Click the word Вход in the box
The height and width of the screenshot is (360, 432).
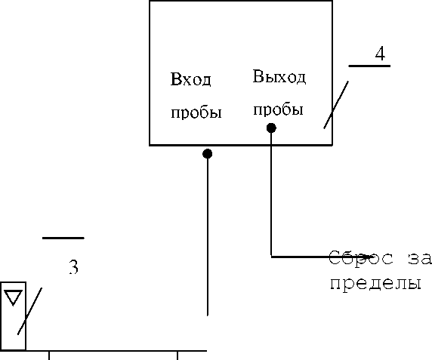click(190, 79)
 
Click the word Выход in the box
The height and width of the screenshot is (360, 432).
click(279, 76)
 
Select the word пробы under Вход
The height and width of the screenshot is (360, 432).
click(196, 112)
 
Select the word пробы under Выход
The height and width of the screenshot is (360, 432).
click(278, 110)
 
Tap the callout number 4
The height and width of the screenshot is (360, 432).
click(380, 54)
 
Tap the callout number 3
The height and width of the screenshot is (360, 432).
click(73, 267)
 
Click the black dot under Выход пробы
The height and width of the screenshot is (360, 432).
click(271, 128)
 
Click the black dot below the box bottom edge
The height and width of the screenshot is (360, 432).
click(208, 153)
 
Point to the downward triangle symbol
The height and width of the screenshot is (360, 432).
click(13, 297)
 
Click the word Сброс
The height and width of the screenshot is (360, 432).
click(361, 258)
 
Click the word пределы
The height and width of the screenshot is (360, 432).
click(376, 284)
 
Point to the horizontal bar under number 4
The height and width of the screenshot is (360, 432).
click(369, 66)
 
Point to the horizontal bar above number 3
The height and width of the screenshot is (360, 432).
click(63, 238)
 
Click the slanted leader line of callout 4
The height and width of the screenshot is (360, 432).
click(336, 105)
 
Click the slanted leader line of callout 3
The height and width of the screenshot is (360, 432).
click(29, 311)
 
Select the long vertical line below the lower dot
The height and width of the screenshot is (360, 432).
click(208, 237)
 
